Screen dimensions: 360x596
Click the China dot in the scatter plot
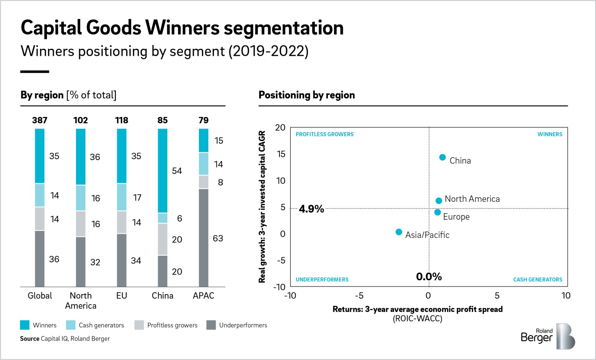click(x=442, y=157)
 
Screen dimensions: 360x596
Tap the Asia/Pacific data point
click(x=399, y=232)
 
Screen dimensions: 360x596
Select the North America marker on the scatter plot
click(x=438, y=201)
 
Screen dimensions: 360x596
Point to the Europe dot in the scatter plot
click(x=437, y=212)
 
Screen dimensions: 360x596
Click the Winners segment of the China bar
click(x=162, y=171)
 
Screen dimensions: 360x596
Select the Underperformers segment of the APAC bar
click(x=203, y=238)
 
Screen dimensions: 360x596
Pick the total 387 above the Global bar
click(x=39, y=120)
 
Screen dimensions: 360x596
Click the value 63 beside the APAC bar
click(x=218, y=238)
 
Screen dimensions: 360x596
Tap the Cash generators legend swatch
click(x=71, y=325)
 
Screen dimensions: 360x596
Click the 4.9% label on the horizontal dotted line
click(x=311, y=209)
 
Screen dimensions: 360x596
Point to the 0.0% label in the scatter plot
click(x=429, y=277)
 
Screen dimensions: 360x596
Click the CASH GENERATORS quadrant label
click(x=538, y=280)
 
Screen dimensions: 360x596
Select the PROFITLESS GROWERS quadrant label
click(x=324, y=134)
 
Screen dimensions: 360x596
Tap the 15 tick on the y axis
click(x=281, y=154)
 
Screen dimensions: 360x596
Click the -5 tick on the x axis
click(x=359, y=296)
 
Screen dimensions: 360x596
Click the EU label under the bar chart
click(x=121, y=296)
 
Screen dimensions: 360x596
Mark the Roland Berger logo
click(x=548, y=336)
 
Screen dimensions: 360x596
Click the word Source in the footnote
click(x=30, y=338)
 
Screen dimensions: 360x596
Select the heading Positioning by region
click(x=307, y=95)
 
